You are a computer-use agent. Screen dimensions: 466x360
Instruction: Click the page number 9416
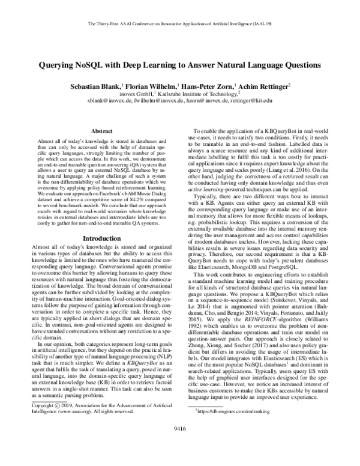click(x=180, y=446)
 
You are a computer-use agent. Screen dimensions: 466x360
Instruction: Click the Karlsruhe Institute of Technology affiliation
click(x=196, y=94)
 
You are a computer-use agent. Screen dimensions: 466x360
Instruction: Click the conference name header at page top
click(x=180, y=23)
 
